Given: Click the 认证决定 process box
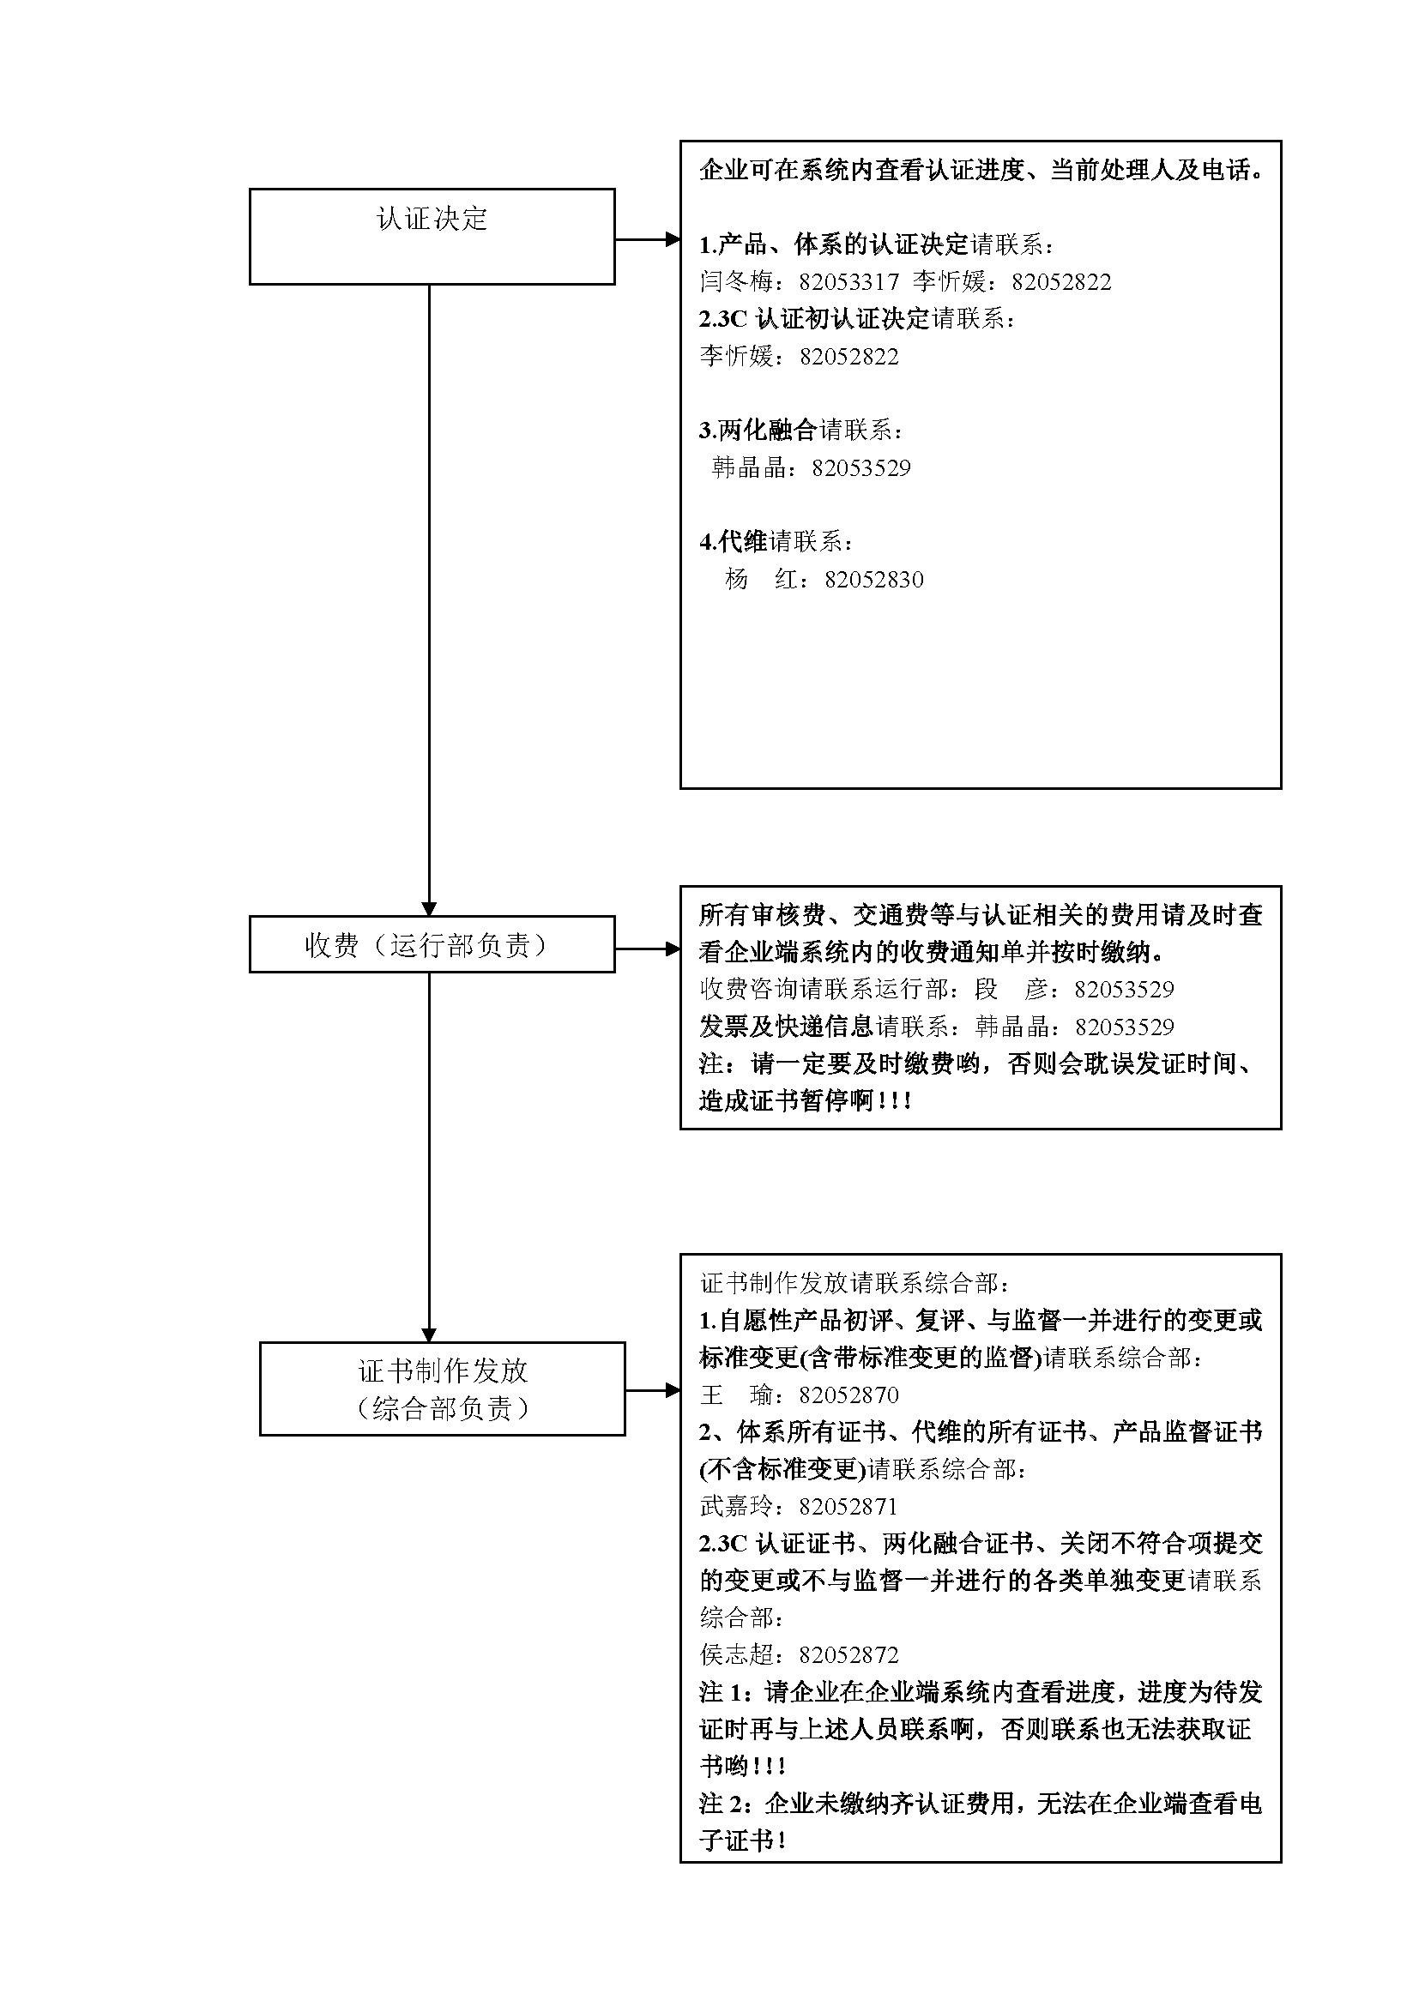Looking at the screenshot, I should click(432, 236).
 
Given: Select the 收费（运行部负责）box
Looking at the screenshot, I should click(432, 944).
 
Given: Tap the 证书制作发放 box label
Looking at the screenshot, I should click(442, 1370).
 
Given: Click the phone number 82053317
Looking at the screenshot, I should click(848, 282).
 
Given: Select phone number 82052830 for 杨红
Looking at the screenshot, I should click(873, 579).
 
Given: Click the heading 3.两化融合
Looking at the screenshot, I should click(758, 430).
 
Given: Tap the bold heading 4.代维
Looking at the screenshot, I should click(733, 542).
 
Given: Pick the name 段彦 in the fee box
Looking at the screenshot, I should click(1010, 989).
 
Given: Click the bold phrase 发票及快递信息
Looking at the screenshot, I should click(787, 1026).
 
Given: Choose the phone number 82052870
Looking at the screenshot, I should click(848, 1395).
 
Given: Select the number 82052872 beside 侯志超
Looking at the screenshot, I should click(848, 1654).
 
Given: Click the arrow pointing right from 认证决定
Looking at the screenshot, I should click(647, 238).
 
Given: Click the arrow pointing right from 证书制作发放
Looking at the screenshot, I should click(652, 1390).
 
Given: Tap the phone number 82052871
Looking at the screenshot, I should click(848, 1506).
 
